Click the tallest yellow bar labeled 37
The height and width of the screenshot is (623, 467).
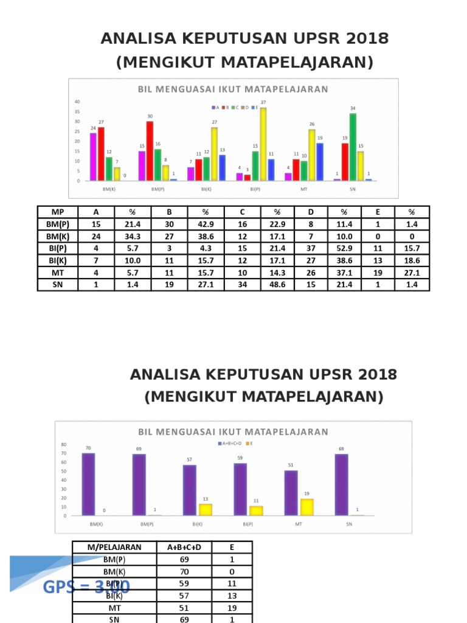pyautogui.click(x=263, y=144)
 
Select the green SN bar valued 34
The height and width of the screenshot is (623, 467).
pyautogui.click(x=353, y=147)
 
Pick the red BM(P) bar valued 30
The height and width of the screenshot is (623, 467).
pyautogui.click(x=150, y=151)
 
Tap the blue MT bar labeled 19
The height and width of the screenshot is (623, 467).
pyautogui.click(x=320, y=162)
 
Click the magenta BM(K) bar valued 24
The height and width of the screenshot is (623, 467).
pyautogui.click(x=93, y=156)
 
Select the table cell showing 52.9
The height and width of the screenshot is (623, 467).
pyautogui.click(x=344, y=249)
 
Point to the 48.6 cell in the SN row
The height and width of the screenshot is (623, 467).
pyautogui.click(x=277, y=284)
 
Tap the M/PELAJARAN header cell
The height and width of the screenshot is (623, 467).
pyautogui.click(x=114, y=547)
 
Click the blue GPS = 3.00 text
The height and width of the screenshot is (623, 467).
pyautogui.click(x=86, y=587)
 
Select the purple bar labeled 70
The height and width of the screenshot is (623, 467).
pyautogui.click(x=88, y=484)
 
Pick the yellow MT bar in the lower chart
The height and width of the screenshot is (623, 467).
pyautogui.click(x=308, y=507)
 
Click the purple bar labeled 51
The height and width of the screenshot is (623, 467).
pyautogui.click(x=291, y=493)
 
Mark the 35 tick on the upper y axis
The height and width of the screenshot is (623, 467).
pyautogui.click(x=77, y=111)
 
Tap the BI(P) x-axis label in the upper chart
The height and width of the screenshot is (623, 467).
pyautogui.click(x=255, y=189)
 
